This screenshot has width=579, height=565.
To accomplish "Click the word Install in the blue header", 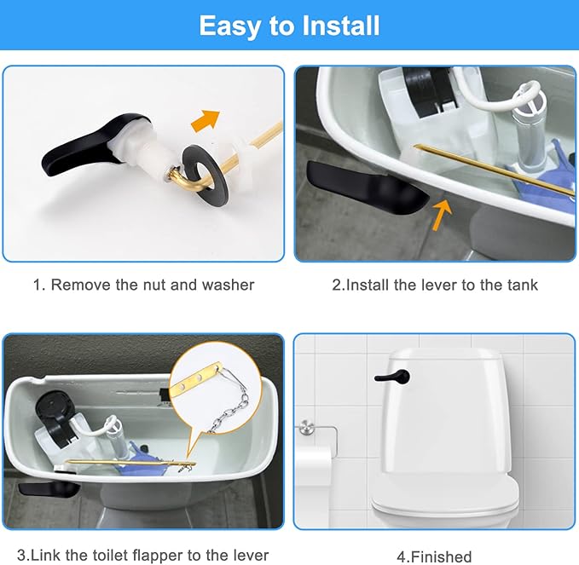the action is (x=341, y=26).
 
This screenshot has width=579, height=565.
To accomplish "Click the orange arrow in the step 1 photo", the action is (x=206, y=121).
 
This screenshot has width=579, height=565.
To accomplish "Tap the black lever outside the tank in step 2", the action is (x=366, y=187).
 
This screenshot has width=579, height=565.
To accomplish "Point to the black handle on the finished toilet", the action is (x=393, y=377).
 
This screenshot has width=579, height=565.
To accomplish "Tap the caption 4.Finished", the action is (x=434, y=556).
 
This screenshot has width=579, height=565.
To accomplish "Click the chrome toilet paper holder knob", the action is (x=306, y=427).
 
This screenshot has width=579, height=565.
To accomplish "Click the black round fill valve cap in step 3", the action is (x=55, y=406).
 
